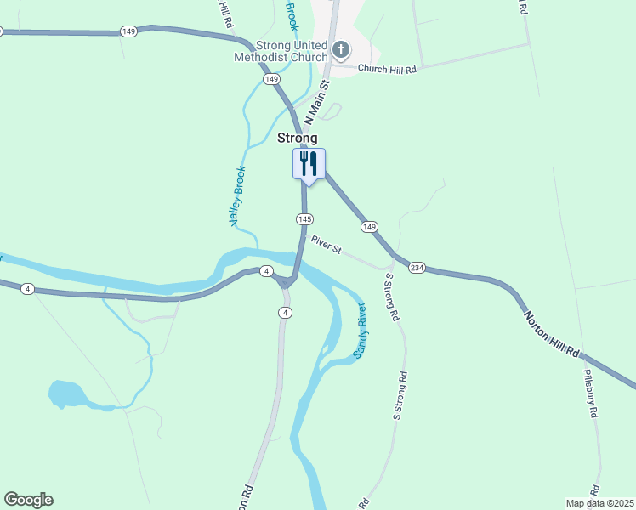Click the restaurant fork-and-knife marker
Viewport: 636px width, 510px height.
tap(309, 163)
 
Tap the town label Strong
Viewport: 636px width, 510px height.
tap(298, 138)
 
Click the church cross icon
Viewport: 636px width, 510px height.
tap(340, 49)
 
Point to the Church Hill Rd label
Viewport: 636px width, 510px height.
tap(387, 69)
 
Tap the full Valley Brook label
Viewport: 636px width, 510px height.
tap(236, 195)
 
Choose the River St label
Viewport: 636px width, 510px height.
tap(326, 245)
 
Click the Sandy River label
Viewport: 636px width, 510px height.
tap(361, 330)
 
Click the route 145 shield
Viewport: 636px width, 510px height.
tap(304, 219)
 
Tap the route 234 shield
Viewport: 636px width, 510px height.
tap(417, 268)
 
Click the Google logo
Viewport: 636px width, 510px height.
tap(28, 500)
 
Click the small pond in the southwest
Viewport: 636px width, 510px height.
tap(66, 394)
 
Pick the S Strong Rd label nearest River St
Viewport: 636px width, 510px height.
tap(392, 297)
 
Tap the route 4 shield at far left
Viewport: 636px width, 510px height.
tap(28, 289)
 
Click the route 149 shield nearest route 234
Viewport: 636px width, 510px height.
tap(368, 227)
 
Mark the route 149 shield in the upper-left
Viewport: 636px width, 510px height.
tap(128, 31)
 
